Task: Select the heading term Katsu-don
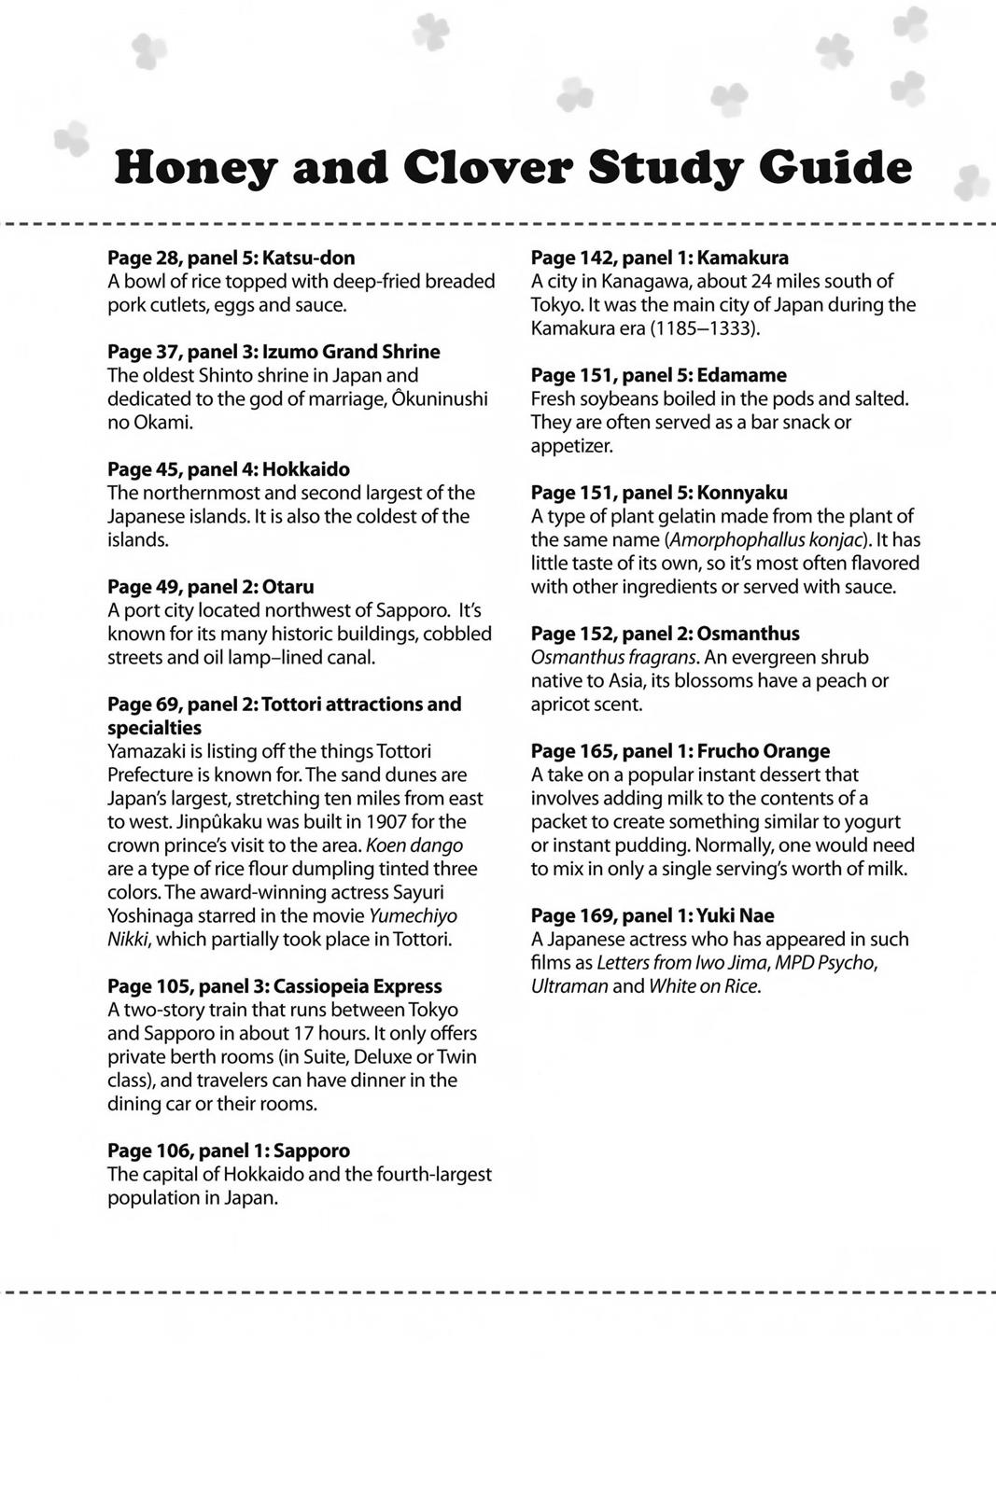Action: click(x=309, y=258)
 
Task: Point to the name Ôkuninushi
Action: click(x=440, y=399)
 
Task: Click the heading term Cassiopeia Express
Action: click(x=358, y=986)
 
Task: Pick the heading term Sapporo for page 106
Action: click(x=312, y=1151)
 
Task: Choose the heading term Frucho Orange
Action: click(x=763, y=751)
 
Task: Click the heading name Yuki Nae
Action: click(x=736, y=915)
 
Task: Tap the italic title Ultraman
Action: click(x=569, y=986)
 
